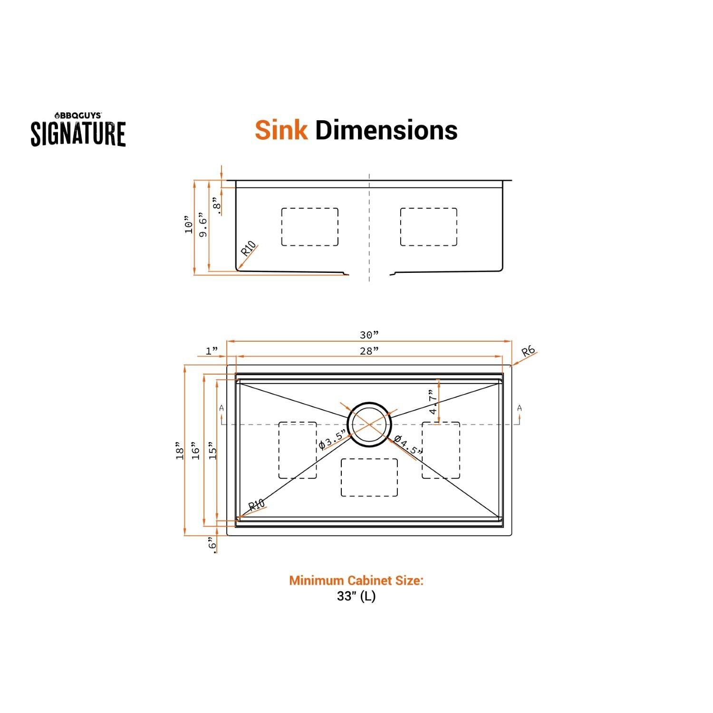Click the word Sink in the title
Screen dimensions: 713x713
[281, 130]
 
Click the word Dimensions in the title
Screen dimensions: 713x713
[386, 130]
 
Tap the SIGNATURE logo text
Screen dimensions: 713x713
[78, 134]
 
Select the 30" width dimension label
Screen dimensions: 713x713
[369, 335]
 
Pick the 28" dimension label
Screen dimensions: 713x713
[369, 351]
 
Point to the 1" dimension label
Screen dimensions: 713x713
[212, 351]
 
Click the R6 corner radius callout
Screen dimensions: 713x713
[528, 352]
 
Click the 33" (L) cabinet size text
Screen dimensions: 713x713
[356, 596]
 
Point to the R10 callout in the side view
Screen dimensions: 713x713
[249, 249]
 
